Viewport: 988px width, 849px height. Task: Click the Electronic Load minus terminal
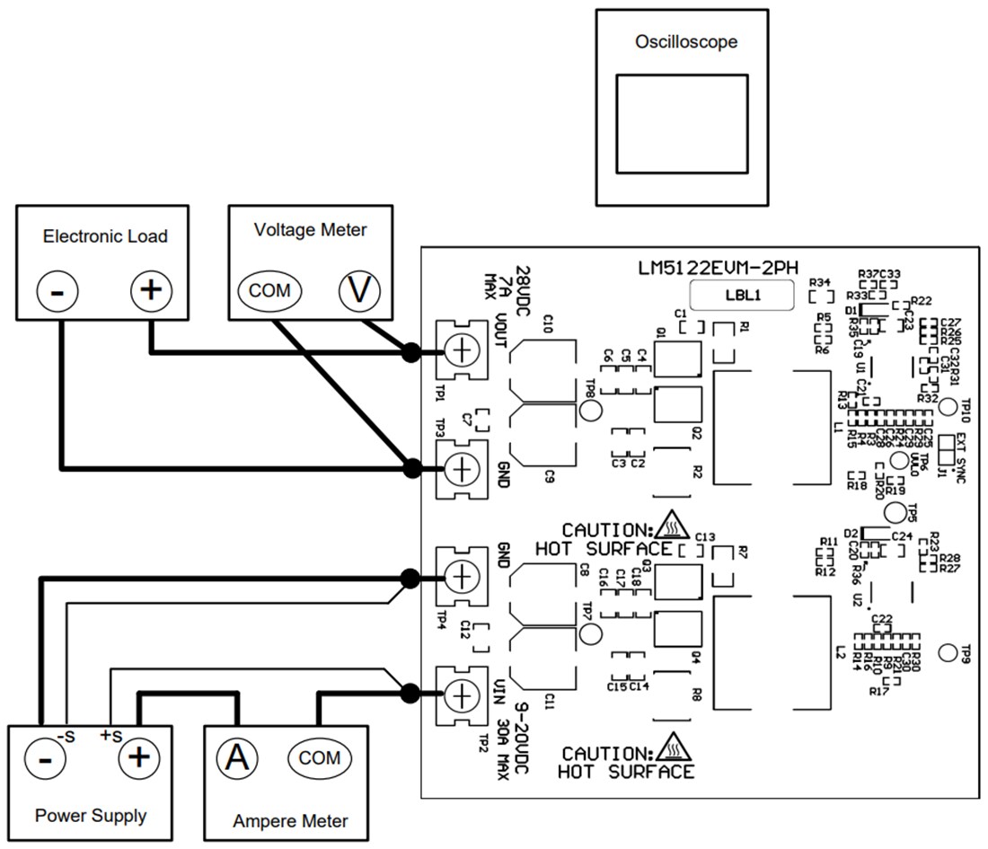coord(57,290)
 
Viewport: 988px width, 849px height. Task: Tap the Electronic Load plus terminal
coord(151,290)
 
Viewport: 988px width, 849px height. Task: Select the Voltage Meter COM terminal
coord(270,290)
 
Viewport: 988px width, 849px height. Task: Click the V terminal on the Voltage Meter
coord(359,290)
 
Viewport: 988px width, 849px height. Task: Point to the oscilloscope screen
coord(682,123)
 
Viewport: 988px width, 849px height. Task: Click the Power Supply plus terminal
coord(138,757)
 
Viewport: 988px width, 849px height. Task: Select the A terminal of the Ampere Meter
coord(237,757)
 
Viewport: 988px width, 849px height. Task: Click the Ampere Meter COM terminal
coord(320,757)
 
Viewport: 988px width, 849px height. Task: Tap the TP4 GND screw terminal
coord(459,576)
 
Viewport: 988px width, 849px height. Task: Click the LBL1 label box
coord(741,296)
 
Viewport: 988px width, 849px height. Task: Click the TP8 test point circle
coord(591,411)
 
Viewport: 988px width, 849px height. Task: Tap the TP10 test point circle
coord(948,406)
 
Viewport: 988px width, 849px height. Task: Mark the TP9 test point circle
coord(948,651)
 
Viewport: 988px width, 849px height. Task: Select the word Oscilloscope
coord(686,41)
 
